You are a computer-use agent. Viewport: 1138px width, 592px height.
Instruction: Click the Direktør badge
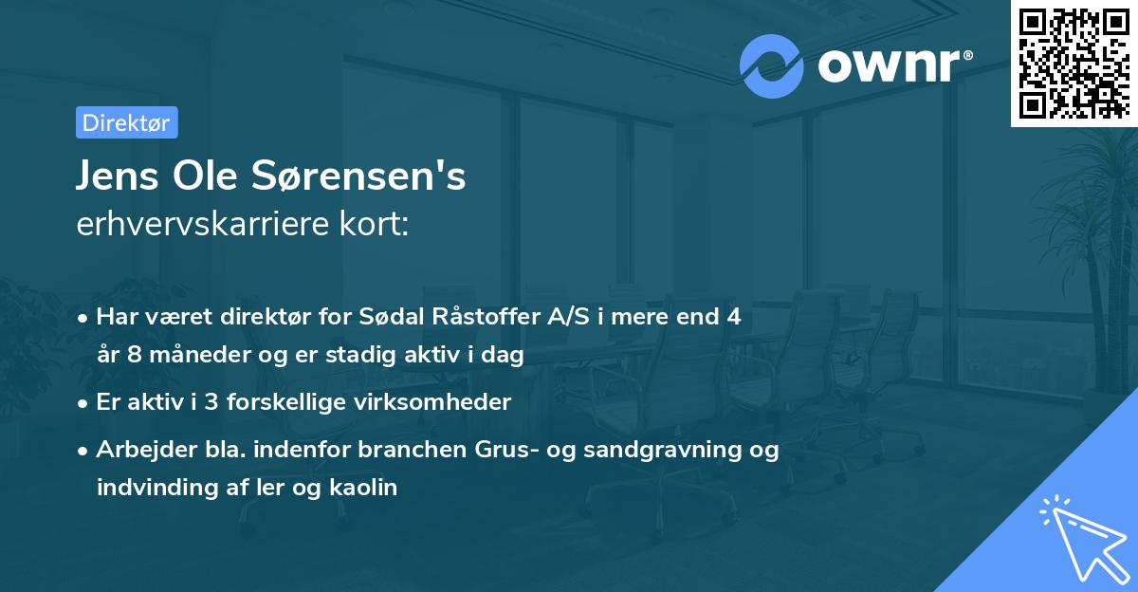pyautogui.click(x=126, y=122)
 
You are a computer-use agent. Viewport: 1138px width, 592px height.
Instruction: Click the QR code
pyautogui.click(x=1074, y=64)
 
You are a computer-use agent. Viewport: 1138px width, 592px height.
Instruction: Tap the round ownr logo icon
pyautogui.click(x=771, y=65)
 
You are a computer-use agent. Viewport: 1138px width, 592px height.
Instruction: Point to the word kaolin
pyautogui.click(x=362, y=488)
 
